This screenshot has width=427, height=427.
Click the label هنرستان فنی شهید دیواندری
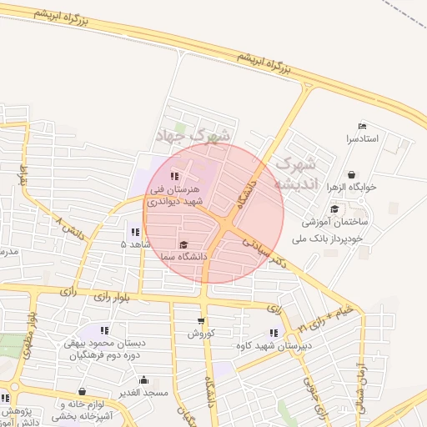pyautogui.click(x=173, y=195)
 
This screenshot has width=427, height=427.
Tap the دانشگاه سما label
pyautogui.click(x=183, y=256)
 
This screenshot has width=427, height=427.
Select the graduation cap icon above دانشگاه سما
pyautogui.click(x=183, y=244)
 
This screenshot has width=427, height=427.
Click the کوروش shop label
pyautogui.click(x=201, y=333)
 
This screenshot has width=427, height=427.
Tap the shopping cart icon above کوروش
pyautogui.click(x=201, y=321)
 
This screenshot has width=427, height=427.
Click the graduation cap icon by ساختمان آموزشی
pyautogui.click(x=334, y=209)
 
